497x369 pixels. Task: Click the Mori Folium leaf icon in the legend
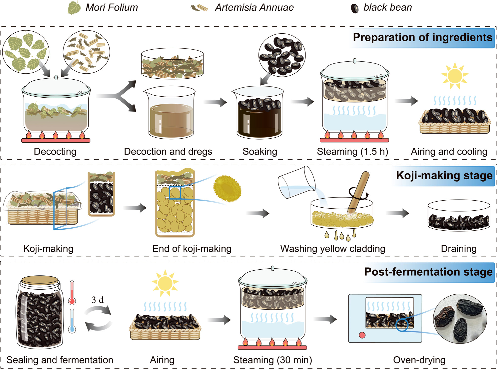[74, 8]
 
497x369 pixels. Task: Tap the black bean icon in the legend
[355, 8]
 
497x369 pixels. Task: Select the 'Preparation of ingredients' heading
[422, 37]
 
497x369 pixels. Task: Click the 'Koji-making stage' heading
[444, 176]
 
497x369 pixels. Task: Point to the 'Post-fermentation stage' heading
[428, 272]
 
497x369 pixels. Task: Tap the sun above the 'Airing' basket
[165, 283]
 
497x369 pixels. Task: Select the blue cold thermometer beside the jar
[72, 321]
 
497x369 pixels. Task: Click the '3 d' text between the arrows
[98, 300]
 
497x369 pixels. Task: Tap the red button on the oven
[362, 335]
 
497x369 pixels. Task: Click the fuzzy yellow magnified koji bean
[227, 189]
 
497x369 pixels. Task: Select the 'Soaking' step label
[260, 151]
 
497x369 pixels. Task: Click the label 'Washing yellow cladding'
[332, 249]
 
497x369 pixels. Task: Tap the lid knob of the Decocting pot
[56, 77]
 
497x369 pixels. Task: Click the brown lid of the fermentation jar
[40, 280]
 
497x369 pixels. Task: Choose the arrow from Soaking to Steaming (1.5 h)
[302, 102]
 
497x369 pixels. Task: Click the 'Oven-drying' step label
[419, 360]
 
